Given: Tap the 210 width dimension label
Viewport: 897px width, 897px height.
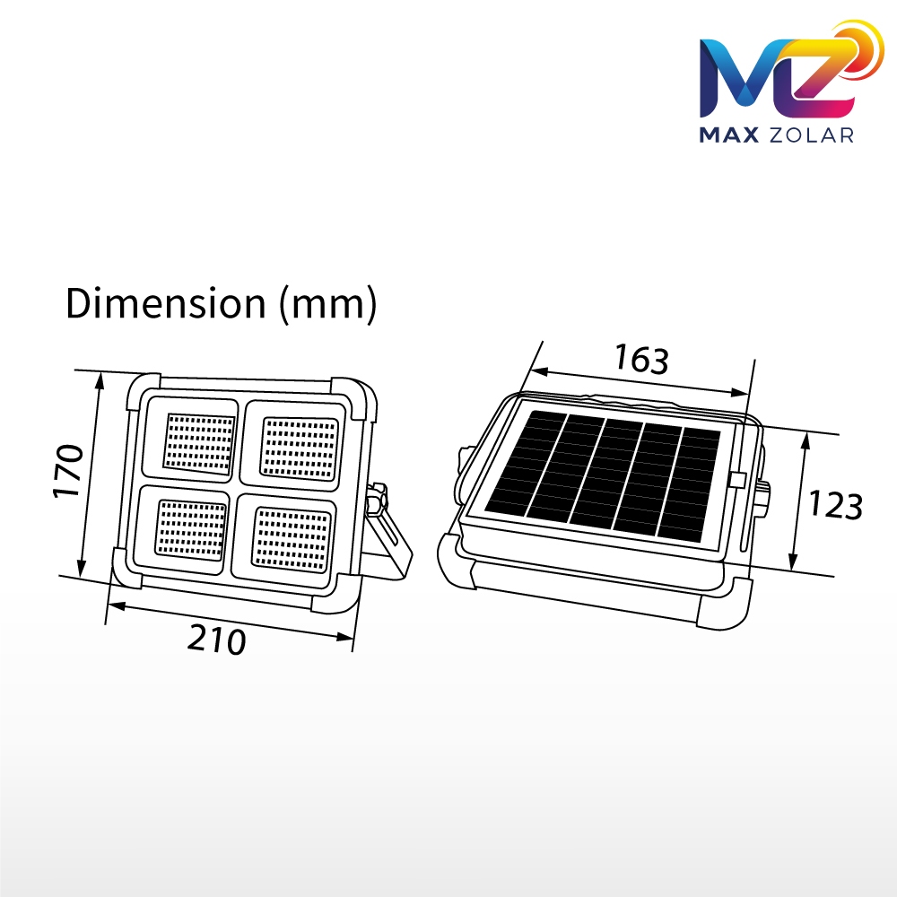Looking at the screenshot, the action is tap(217, 639).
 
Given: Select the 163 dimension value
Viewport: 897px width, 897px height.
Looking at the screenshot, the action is tap(641, 359).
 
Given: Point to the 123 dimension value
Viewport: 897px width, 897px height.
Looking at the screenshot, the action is tap(835, 505).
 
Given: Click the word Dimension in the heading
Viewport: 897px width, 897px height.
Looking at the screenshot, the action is tap(166, 303).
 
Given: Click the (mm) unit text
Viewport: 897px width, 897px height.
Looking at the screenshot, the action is tap(327, 304).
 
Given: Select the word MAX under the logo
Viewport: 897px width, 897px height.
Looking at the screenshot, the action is tap(729, 135).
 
